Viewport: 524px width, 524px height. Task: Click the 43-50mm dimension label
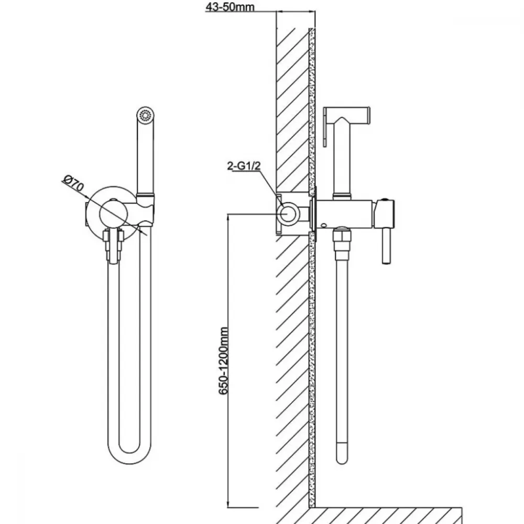click(230, 7)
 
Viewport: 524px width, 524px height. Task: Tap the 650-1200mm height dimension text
click(224, 361)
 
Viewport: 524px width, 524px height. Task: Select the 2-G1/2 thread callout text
click(244, 166)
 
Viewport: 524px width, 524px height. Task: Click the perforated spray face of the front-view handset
click(145, 116)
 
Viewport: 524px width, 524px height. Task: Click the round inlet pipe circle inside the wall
click(288, 213)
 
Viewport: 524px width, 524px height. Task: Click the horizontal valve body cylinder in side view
click(345, 214)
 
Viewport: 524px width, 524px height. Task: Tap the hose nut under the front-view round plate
click(113, 245)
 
